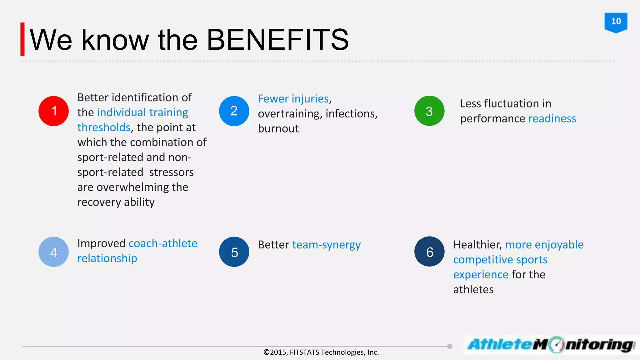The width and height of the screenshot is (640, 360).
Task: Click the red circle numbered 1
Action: coord(53,111)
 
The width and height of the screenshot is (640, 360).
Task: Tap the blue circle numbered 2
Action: coord(234,111)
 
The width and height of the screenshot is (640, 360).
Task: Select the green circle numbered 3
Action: coord(429,111)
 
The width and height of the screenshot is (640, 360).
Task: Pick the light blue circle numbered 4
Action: coord(53,252)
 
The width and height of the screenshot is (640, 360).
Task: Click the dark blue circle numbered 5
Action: coord(234,252)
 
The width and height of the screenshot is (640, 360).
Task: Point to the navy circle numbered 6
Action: coord(429,252)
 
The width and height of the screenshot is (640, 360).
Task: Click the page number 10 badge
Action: coord(616,22)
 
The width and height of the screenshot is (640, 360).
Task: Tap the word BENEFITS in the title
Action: coord(277,40)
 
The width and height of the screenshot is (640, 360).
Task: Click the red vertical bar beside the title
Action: coord(22,39)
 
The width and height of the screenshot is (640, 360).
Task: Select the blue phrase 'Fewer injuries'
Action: coord(293,99)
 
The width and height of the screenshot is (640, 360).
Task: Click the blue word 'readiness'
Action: coord(552,119)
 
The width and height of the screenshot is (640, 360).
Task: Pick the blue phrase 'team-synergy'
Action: coord(326,245)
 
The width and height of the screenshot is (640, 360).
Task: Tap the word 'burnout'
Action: coord(278,129)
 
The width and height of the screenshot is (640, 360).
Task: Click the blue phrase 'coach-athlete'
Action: coord(163,243)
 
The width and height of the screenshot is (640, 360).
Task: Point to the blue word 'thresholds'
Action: coord(104,127)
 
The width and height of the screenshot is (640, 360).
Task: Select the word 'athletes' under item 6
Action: coord(473,289)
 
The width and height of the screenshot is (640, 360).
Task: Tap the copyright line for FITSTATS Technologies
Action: coord(321,352)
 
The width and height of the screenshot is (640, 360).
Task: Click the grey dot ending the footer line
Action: coord(450,346)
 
